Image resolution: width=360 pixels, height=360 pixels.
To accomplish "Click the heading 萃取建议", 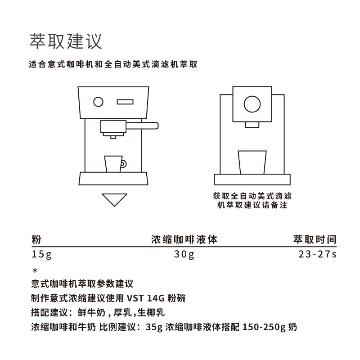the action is click(66, 41).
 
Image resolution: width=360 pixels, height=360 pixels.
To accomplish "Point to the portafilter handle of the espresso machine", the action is click(144, 125).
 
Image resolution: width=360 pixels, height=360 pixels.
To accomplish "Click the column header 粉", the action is click(36, 239).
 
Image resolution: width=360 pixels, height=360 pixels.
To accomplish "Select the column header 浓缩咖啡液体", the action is click(184, 239).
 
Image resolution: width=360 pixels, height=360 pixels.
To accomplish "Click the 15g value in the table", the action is click(42, 255).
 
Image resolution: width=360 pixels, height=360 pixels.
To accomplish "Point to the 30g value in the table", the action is click(184, 255).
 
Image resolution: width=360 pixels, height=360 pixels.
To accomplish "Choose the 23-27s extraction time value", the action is click(317, 255).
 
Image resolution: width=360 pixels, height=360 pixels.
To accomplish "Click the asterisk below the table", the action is click(35, 270).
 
